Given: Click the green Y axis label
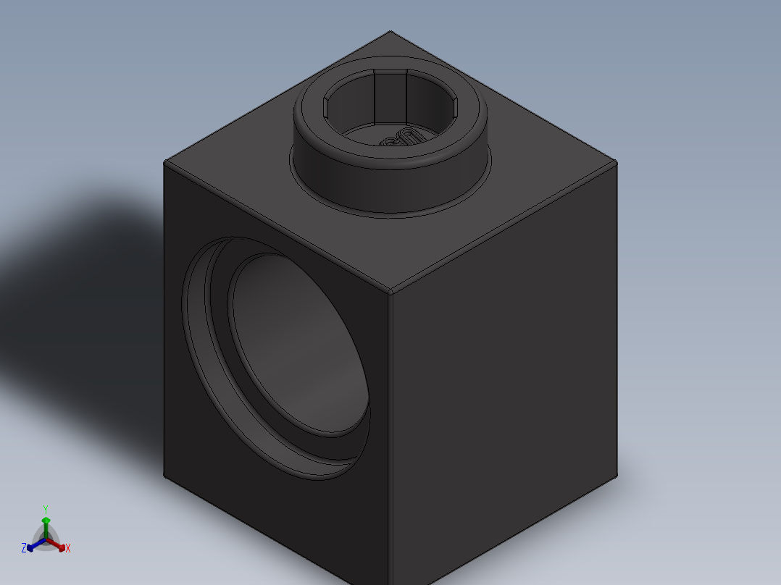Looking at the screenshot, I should (x=45, y=508).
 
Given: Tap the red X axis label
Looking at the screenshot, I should (x=68, y=549).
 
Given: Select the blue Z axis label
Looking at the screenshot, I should (x=23, y=548).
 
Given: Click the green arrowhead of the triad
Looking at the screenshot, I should (x=46, y=521).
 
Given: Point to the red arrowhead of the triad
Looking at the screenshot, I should (x=62, y=547).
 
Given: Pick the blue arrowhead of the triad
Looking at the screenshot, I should (x=30, y=548).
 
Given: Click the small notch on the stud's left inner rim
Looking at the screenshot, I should (x=327, y=106).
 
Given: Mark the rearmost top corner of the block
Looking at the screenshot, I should (x=390, y=32).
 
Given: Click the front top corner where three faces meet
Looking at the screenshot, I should (x=390, y=292).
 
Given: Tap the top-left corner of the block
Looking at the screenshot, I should (x=165, y=162).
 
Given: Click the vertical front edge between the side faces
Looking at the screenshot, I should (x=390, y=434).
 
